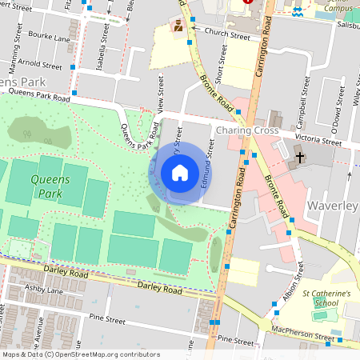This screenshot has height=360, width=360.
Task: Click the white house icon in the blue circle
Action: tap(179, 173)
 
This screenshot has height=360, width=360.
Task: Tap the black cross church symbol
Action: tap(302, 158)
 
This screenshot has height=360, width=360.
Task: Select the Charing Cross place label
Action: tap(246, 130)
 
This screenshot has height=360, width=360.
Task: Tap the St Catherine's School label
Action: tap(326, 298)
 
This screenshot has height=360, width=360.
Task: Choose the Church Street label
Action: tap(227, 33)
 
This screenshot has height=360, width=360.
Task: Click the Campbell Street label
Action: tap(301, 114)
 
